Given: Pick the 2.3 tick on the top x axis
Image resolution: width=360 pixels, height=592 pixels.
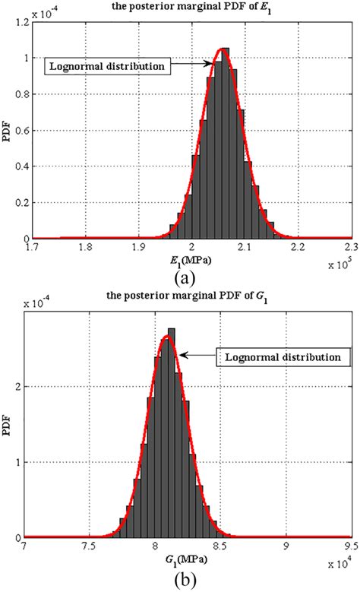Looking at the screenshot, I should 349,248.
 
